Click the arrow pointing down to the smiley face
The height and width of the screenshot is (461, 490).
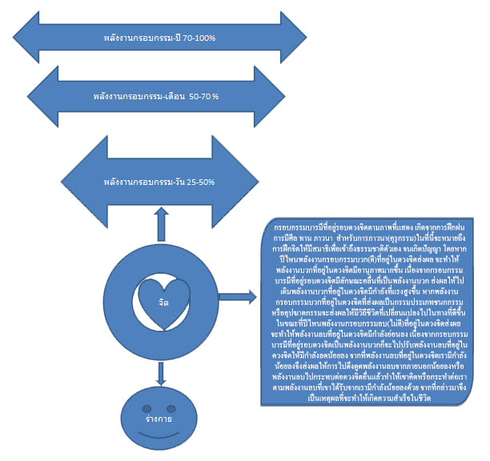point(162,371)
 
